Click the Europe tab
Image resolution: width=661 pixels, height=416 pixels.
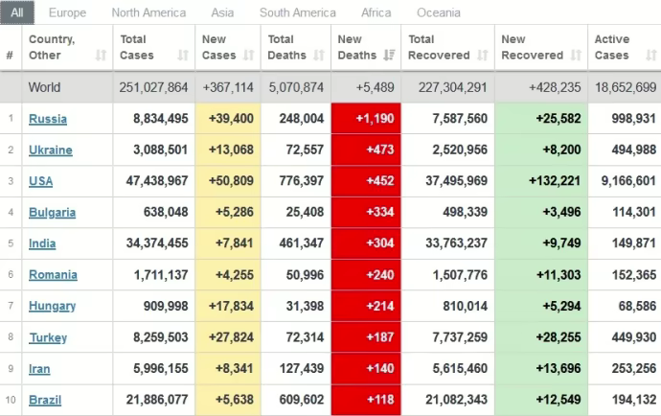click(x=67, y=12)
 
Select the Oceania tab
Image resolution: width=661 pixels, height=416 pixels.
click(x=439, y=12)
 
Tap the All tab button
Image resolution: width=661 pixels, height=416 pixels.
click(x=17, y=12)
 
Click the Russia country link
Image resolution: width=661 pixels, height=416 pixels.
click(x=48, y=119)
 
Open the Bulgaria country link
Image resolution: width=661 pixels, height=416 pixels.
click(x=52, y=212)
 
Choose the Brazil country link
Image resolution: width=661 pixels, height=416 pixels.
click(x=46, y=399)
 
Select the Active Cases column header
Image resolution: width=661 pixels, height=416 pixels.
click(x=612, y=47)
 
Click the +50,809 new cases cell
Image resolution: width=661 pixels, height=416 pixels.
click(x=228, y=181)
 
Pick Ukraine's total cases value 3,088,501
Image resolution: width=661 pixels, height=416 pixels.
click(x=154, y=150)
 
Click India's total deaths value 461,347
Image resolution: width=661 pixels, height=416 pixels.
click(x=295, y=243)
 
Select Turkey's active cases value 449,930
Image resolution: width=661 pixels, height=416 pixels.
click(x=626, y=336)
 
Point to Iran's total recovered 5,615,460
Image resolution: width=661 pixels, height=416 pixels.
click(x=448, y=368)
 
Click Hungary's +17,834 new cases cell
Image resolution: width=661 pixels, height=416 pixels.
click(x=228, y=306)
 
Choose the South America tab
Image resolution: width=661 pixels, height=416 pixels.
click(x=297, y=12)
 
